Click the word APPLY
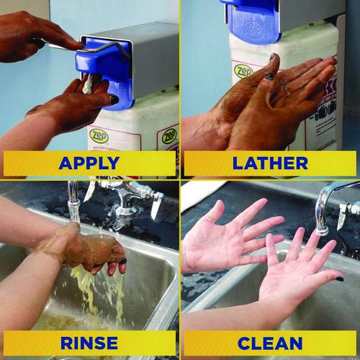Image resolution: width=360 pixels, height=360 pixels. (89, 163)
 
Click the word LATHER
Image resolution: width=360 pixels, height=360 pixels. (269, 163)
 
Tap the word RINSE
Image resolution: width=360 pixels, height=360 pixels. (89, 343)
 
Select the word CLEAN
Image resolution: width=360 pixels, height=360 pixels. (269, 343)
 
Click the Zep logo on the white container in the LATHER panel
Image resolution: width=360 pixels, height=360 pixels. (243, 71)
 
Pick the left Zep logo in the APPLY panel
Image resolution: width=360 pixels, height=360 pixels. (98, 135)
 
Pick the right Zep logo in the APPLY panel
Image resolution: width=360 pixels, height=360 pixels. (168, 135)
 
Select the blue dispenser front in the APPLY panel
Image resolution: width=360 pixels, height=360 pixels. (108, 72)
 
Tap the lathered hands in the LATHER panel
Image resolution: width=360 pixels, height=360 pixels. (281, 94)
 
